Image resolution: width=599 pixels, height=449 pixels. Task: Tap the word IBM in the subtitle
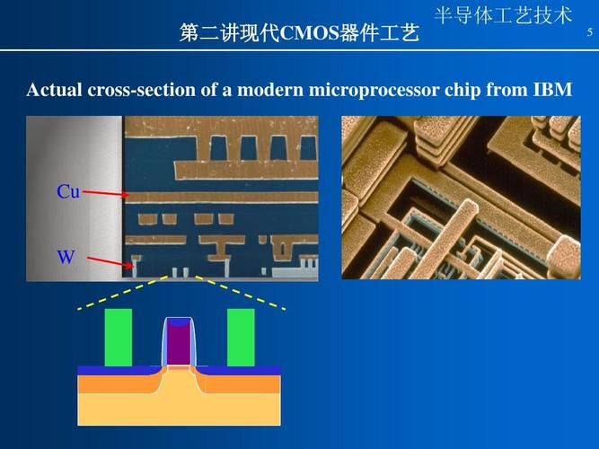[552, 91]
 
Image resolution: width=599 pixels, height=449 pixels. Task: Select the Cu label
[68, 191]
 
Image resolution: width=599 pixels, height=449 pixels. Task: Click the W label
[66, 258]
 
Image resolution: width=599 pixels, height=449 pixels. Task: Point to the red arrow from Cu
[106, 194]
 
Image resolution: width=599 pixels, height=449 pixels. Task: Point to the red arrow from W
[110, 263]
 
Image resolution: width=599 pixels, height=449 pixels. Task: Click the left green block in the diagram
[119, 337]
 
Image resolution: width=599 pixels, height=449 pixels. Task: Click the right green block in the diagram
[241, 337]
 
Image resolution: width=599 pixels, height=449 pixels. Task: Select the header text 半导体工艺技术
[503, 15]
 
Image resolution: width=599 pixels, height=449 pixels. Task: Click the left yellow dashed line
[121, 294]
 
